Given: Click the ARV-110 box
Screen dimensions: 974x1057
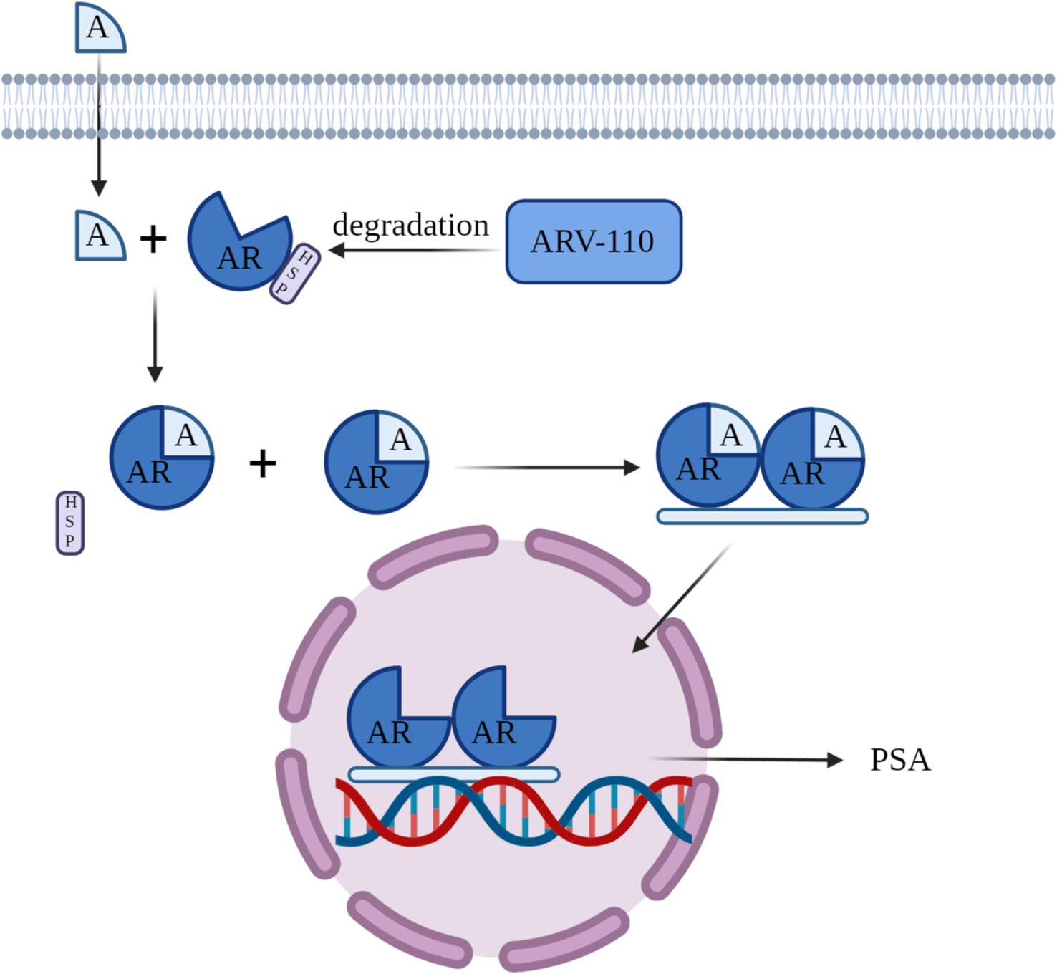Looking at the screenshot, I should tap(594, 241).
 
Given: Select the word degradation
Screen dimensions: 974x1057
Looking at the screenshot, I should tap(410, 226).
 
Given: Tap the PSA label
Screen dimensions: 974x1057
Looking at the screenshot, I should tap(899, 760).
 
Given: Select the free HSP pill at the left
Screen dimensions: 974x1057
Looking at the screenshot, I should tap(70, 523).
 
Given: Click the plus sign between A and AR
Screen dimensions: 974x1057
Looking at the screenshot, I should tap(153, 238).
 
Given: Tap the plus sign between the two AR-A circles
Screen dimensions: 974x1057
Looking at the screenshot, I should tap(263, 463).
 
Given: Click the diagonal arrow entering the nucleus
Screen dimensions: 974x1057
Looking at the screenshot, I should tap(680, 599).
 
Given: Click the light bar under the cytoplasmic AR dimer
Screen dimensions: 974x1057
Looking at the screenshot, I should tap(762, 516).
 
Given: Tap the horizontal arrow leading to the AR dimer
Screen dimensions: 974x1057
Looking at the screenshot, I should tap(548, 468).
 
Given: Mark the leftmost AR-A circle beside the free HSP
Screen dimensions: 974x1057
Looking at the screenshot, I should tap(161, 458).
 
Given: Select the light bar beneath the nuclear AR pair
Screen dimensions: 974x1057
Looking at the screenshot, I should tap(454, 774).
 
